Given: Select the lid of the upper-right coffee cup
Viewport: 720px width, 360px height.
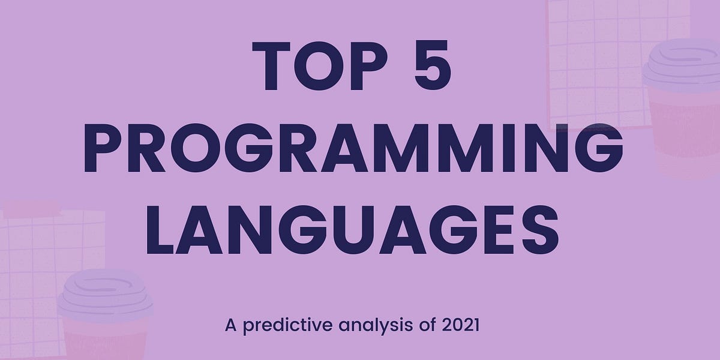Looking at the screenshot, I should point(682,66).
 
